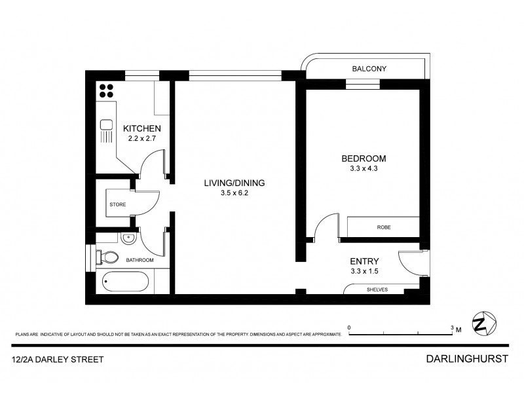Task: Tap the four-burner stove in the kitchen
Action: (x=107, y=90)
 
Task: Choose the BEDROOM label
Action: (x=364, y=159)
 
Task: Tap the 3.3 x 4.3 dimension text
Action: (x=364, y=169)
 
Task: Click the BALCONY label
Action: (x=369, y=69)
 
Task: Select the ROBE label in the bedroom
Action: (x=384, y=227)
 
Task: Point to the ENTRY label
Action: (x=364, y=261)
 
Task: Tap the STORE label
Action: (x=118, y=204)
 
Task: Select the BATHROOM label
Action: (x=140, y=260)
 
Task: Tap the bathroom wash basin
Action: (x=128, y=239)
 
